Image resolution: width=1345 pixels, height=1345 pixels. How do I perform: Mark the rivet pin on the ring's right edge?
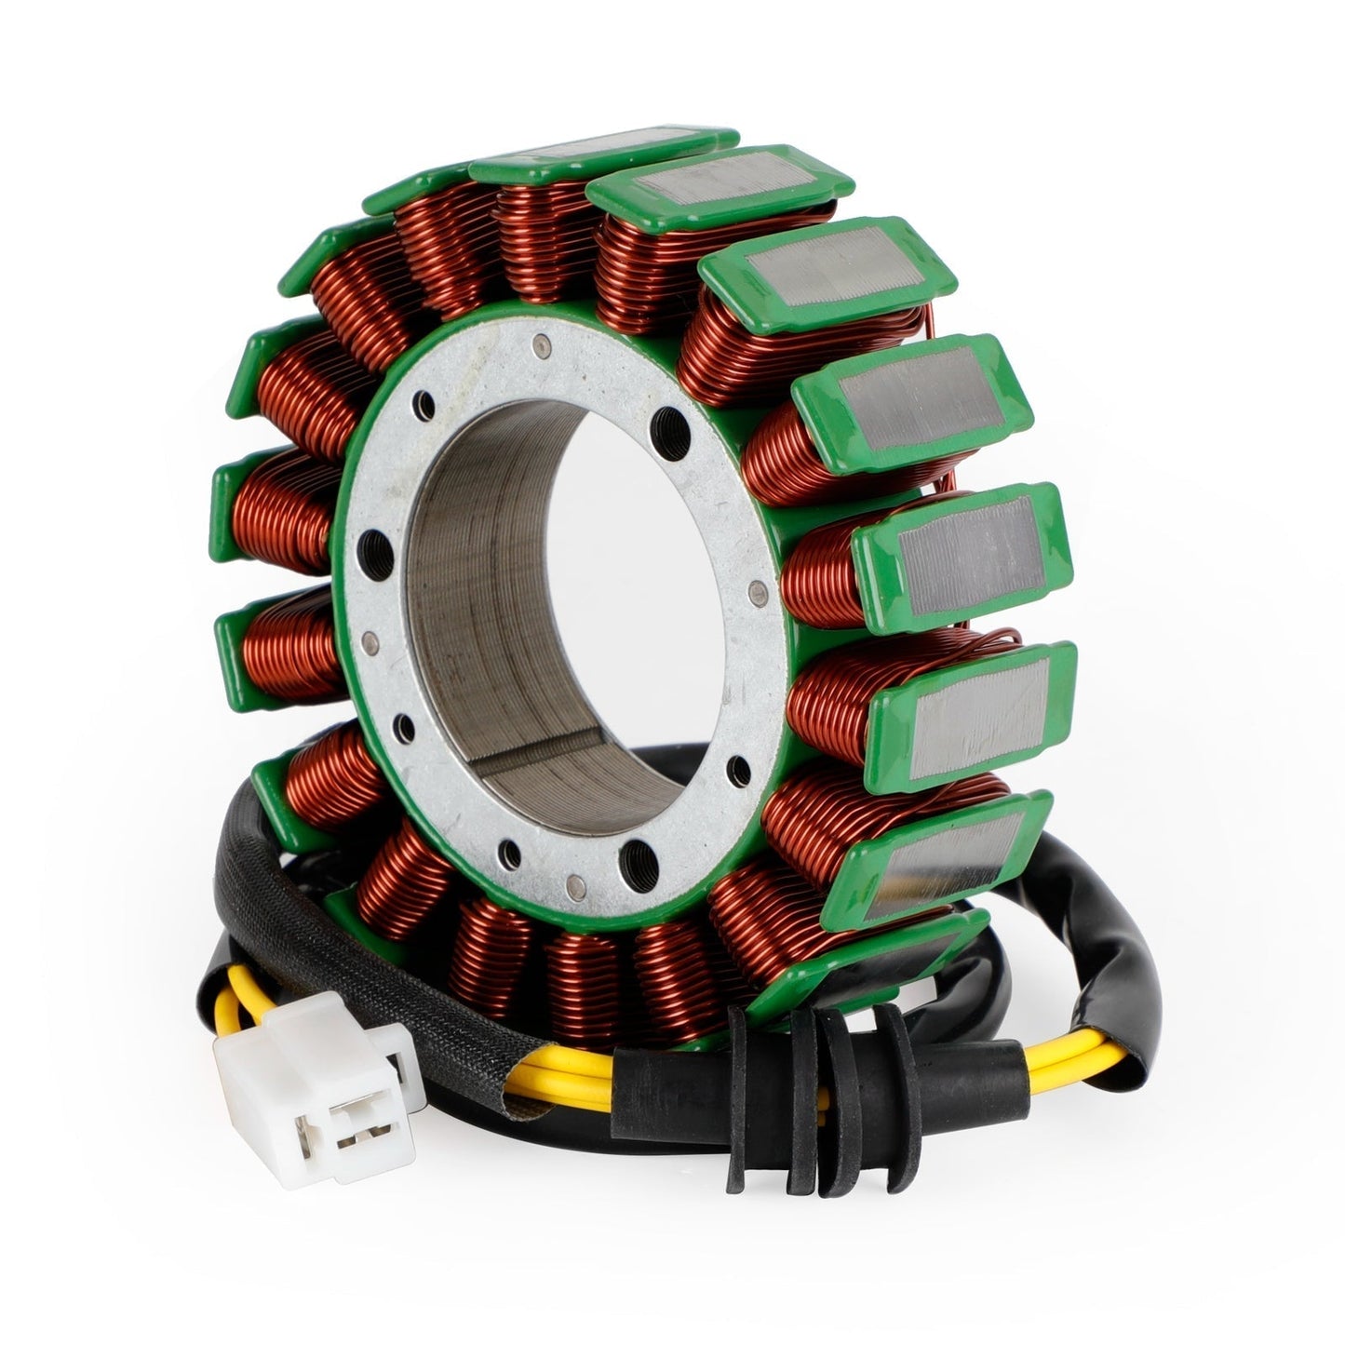coord(761,587)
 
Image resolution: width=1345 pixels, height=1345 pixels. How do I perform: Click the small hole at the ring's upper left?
coord(425,402)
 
